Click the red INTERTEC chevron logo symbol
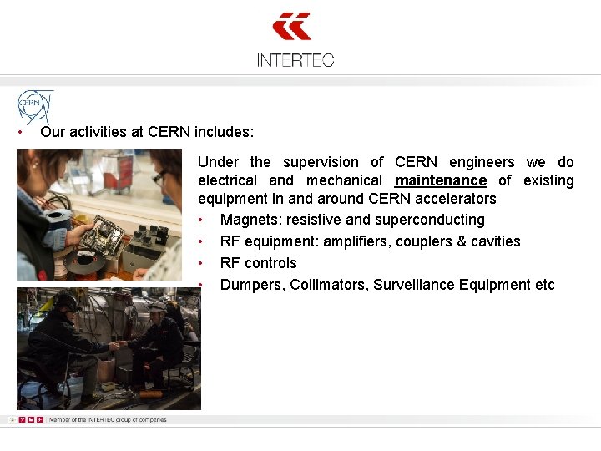point(293,27)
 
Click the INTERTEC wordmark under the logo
point(295,60)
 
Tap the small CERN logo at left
point(35,106)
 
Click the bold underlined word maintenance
point(440,180)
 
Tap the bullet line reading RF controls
point(258,263)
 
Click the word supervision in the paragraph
point(321,162)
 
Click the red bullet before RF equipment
point(202,242)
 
